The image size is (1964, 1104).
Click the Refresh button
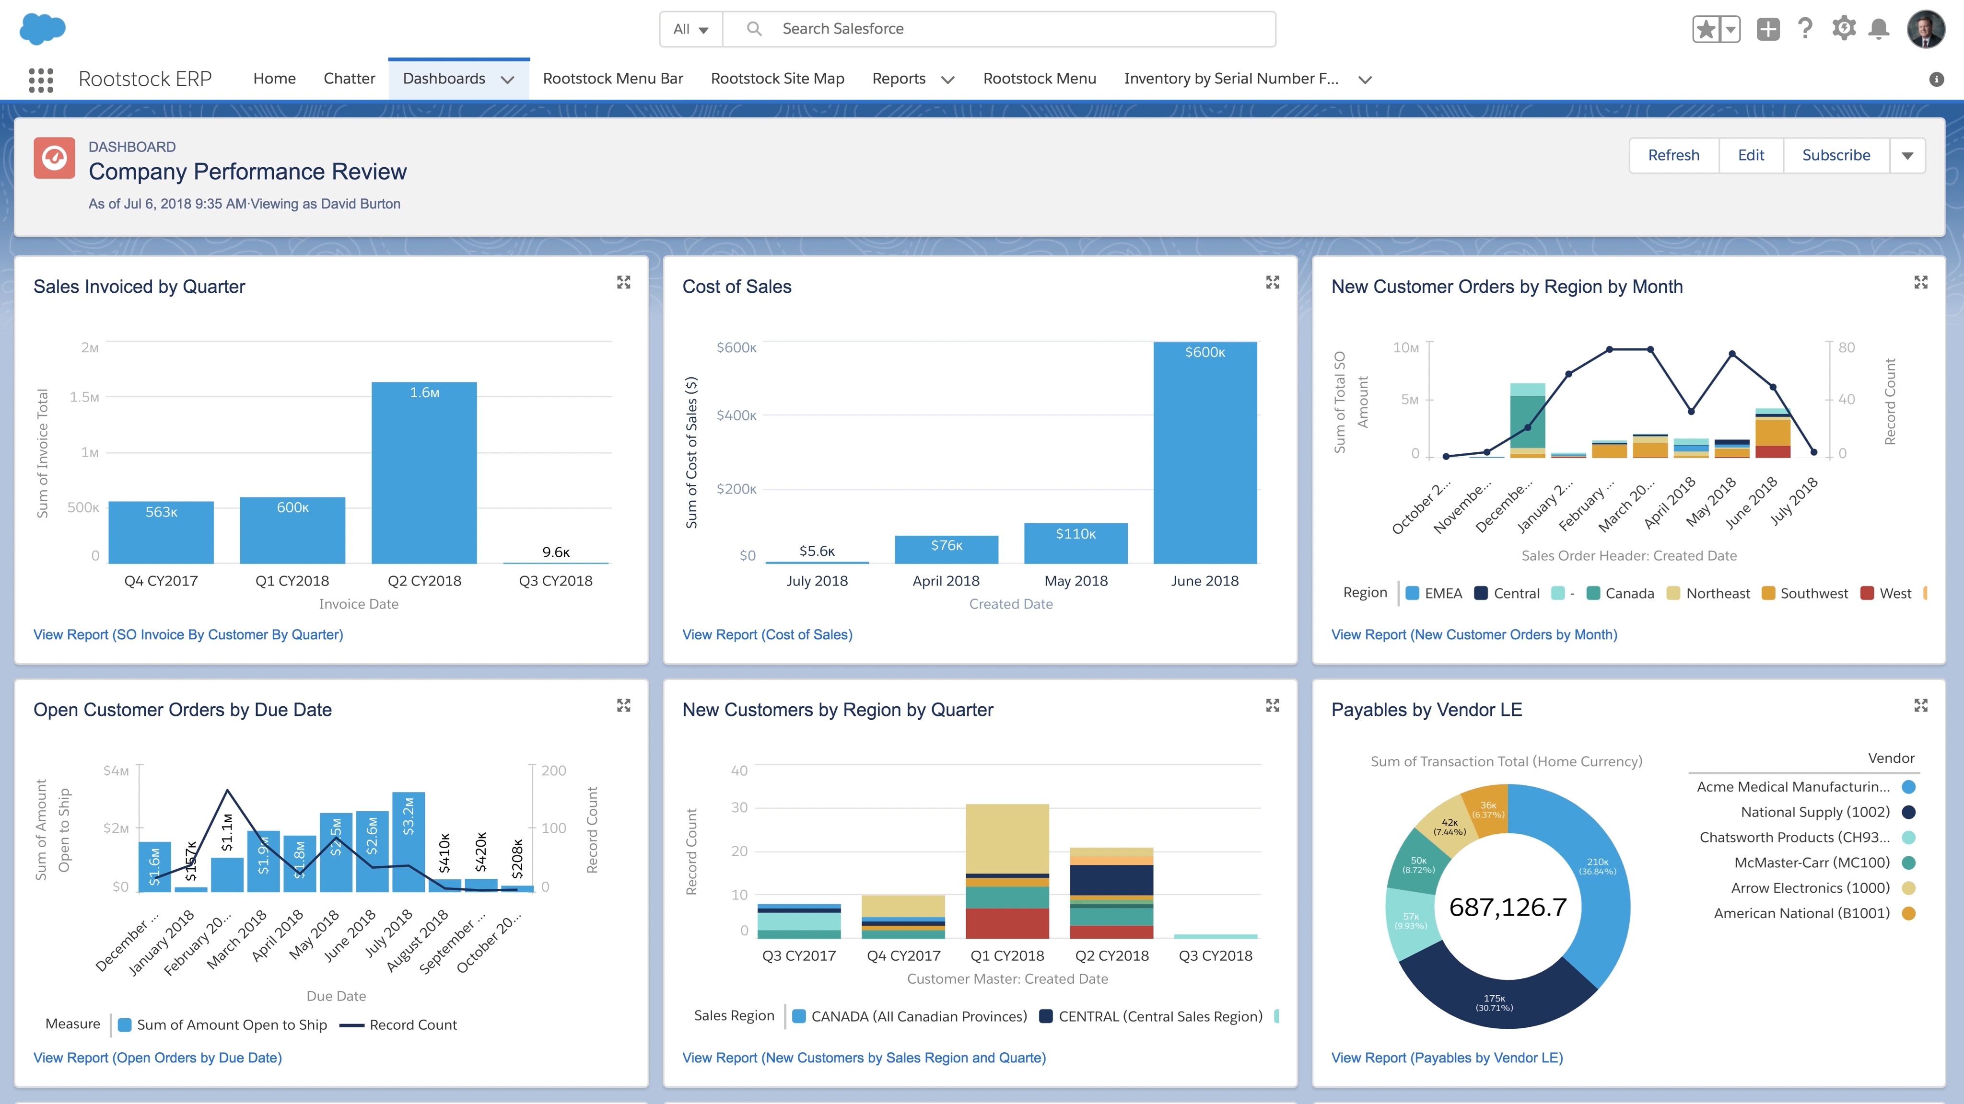(x=1673, y=155)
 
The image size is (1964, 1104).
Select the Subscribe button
(x=1836, y=155)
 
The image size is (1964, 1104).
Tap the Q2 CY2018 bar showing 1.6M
(x=424, y=472)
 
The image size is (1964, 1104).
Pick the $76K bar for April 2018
(x=946, y=549)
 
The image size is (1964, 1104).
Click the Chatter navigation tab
(x=349, y=79)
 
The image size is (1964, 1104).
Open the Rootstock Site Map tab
(x=777, y=79)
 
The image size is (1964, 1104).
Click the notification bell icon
(x=1879, y=29)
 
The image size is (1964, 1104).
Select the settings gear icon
(x=1844, y=29)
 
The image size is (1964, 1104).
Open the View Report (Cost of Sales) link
(x=767, y=635)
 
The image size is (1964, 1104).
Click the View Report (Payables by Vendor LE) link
(x=1446, y=1058)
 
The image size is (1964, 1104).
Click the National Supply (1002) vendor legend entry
(x=1814, y=812)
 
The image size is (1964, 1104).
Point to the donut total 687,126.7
(x=1508, y=907)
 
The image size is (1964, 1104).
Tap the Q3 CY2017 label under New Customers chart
(x=798, y=955)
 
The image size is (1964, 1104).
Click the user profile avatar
(x=1926, y=29)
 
